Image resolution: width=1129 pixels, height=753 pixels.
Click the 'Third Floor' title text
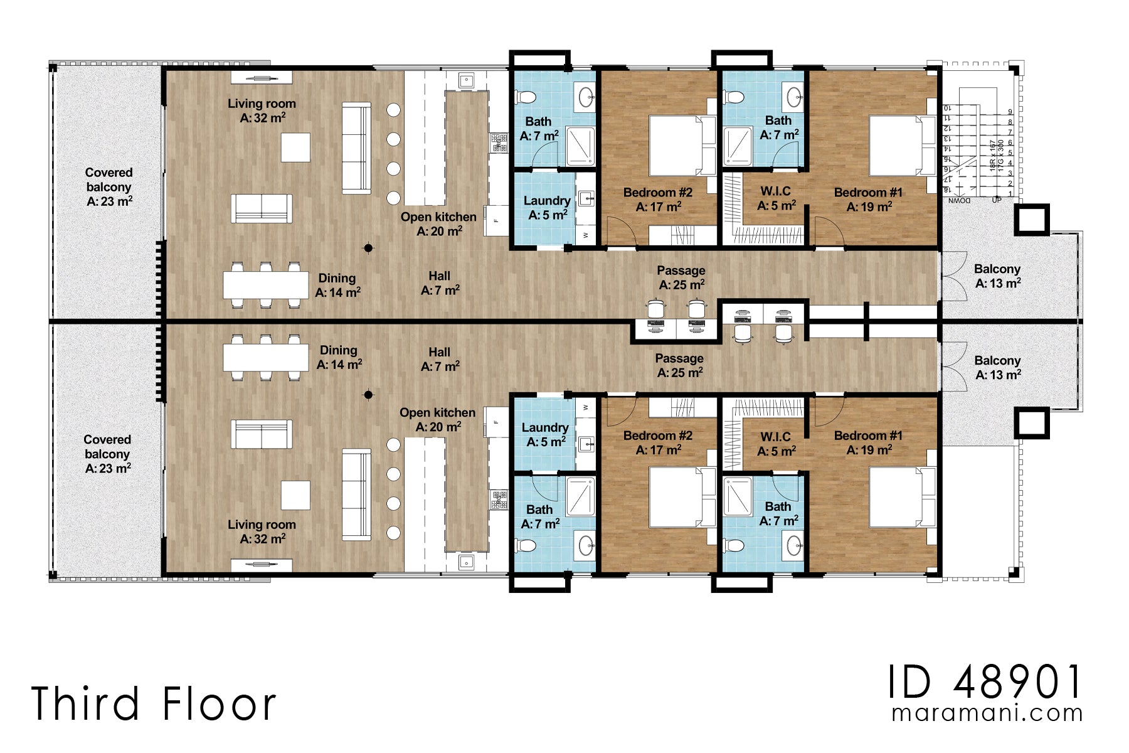tap(154, 703)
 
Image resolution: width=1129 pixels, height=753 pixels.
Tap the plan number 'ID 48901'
tap(985, 682)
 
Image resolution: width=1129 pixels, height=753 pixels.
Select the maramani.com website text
tap(987, 713)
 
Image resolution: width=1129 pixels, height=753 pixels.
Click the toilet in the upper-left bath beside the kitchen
tap(526, 97)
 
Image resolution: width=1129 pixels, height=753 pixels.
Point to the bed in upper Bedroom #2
tap(675, 145)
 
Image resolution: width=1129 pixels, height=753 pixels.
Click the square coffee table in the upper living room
tap(295, 147)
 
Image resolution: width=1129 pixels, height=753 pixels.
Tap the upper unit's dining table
tap(265, 284)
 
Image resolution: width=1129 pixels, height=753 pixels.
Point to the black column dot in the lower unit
tap(369, 395)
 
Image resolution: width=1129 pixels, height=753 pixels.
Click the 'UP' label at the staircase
tap(997, 200)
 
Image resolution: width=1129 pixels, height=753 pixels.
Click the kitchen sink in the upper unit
tap(465, 80)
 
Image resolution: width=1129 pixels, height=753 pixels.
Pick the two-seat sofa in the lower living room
tap(261, 434)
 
